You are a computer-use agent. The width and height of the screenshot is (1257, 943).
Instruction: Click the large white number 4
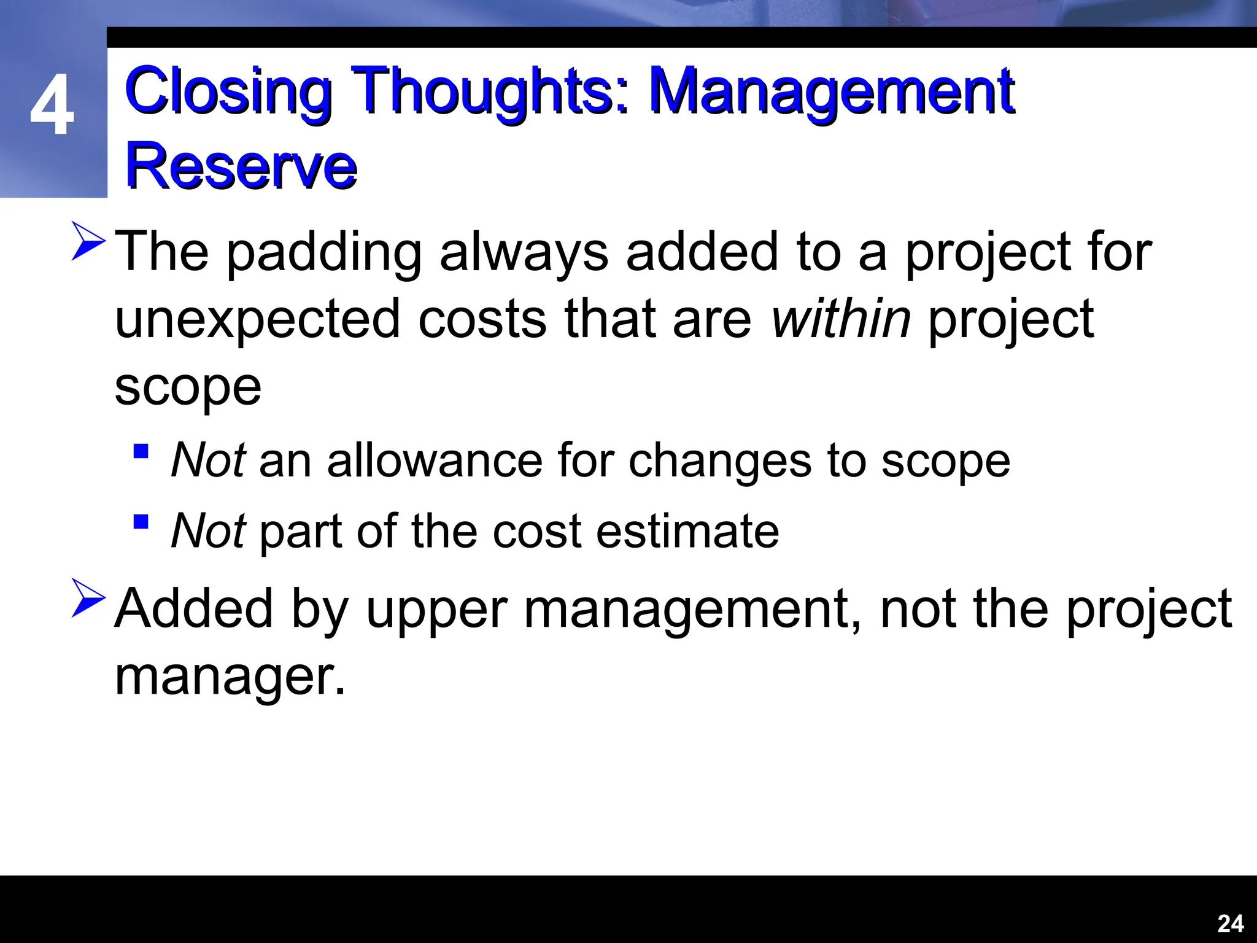point(52,106)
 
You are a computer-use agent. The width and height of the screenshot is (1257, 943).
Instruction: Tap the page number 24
point(1230,923)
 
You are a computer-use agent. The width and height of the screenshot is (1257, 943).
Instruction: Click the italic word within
point(840,319)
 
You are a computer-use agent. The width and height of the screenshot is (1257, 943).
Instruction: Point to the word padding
point(324,253)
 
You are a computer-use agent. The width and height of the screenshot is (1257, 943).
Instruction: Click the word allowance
point(435,460)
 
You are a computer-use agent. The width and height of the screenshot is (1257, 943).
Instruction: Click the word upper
point(437,610)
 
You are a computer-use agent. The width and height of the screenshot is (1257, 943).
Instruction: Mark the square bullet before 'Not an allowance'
point(141,452)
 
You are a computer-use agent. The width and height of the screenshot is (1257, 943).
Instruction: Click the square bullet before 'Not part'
point(141,522)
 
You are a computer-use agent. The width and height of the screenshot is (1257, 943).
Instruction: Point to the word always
point(524,253)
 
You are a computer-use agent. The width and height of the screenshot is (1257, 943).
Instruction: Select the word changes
point(719,460)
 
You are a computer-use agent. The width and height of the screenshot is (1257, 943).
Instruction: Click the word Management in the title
point(831,92)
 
